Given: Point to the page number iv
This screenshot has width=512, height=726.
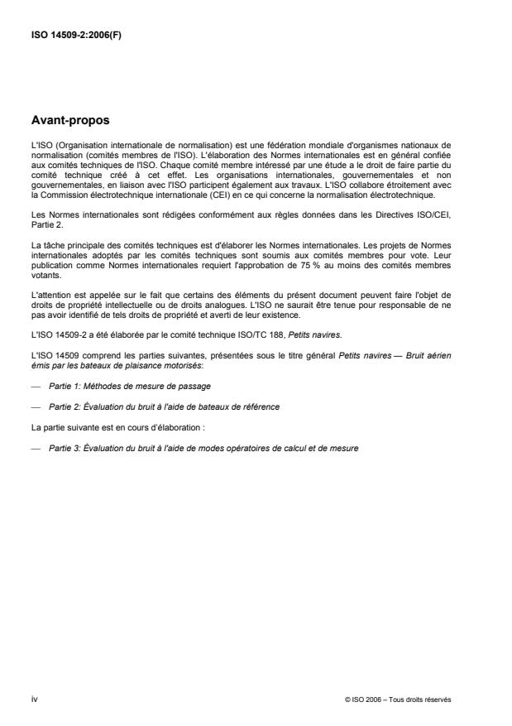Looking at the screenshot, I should coord(34,699).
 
